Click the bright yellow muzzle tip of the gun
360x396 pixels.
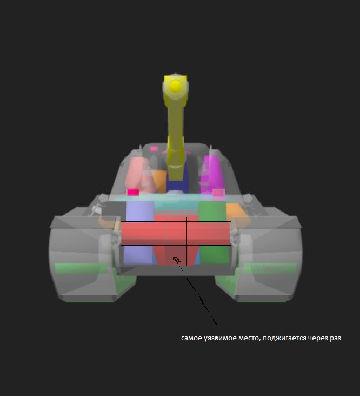[x=175, y=86]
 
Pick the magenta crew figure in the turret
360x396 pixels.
[x=212, y=174]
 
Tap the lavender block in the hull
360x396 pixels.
[x=139, y=232]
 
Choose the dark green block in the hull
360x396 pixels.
[x=214, y=232]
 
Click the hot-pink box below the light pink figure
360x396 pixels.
[x=133, y=192]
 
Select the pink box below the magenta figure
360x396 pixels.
[x=218, y=193]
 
